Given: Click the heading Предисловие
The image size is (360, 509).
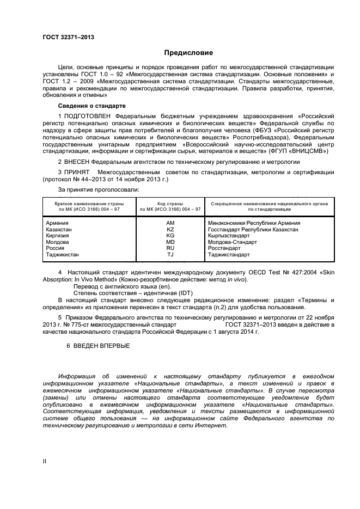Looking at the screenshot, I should point(189,53).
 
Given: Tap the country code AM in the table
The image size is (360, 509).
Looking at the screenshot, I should point(170,223).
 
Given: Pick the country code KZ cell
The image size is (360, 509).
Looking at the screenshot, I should point(170,230).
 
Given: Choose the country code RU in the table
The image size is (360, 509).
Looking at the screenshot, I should point(170,248).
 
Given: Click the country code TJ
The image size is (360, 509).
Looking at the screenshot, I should point(170,254).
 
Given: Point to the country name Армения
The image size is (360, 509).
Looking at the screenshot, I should point(58,223).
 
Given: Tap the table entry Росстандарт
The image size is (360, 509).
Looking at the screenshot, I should point(224,248).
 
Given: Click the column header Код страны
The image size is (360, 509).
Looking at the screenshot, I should point(170,203).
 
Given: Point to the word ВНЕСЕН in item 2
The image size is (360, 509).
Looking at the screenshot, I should point(77,162).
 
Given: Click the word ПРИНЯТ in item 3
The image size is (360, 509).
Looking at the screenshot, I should point(77,172).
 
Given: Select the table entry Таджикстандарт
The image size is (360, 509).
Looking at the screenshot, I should point(229,254).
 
